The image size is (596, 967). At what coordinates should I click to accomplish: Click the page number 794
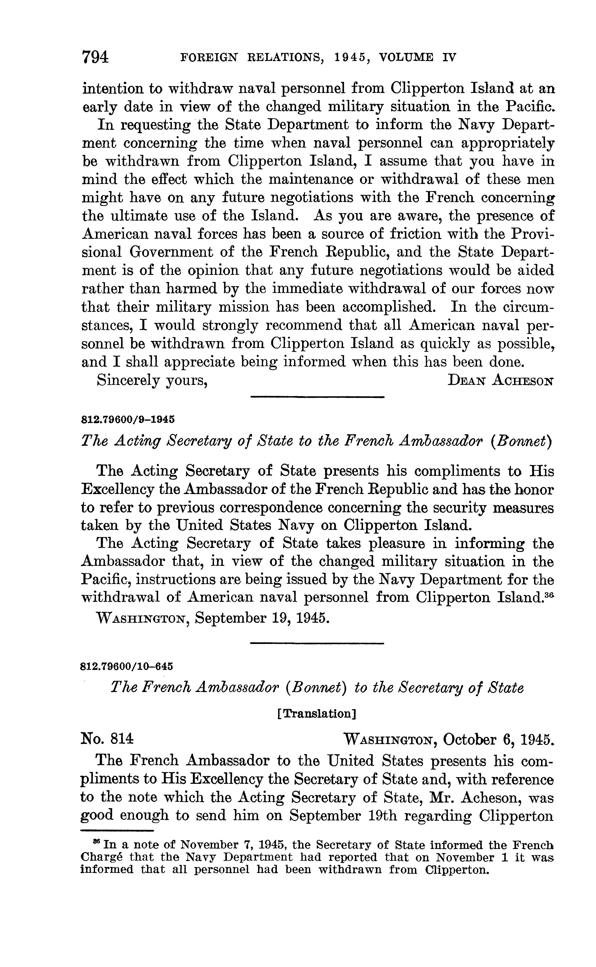pyautogui.click(x=95, y=57)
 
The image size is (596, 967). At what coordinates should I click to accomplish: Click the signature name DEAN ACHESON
pyautogui.click(x=501, y=381)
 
